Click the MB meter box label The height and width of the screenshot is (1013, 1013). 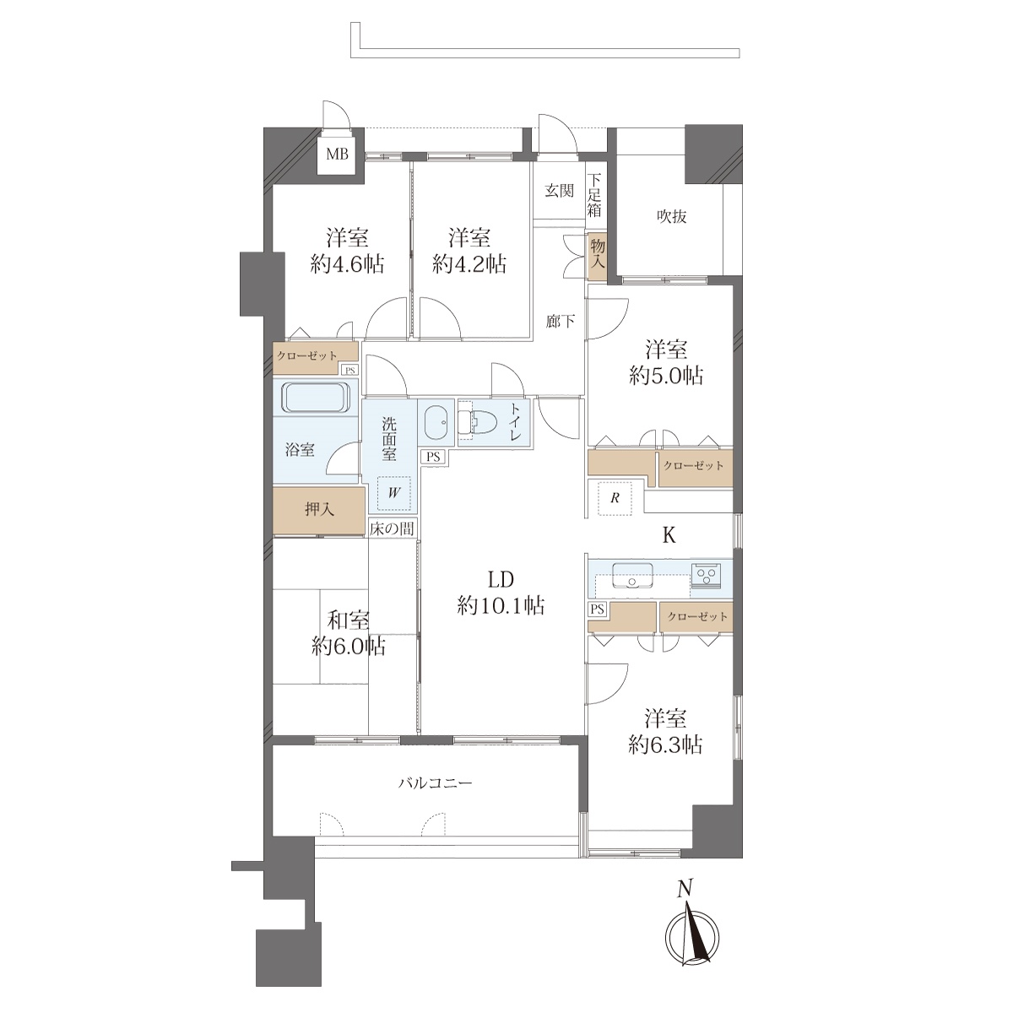tap(337, 154)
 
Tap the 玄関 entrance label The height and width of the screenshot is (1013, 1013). tap(559, 191)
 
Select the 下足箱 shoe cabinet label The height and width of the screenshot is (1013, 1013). tap(594, 195)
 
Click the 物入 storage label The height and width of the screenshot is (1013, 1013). tap(597, 253)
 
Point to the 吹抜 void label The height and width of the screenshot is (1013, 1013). tap(671, 216)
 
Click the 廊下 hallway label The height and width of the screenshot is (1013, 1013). tap(560, 321)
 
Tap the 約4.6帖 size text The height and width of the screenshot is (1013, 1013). tap(346, 263)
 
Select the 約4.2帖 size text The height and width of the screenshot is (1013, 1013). tap(469, 263)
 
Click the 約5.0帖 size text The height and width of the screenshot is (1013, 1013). tap(666, 376)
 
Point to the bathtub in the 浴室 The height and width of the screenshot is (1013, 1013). tap(316, 398)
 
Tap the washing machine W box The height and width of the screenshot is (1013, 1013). tap(394, 492)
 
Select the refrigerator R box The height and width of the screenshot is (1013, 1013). tap(615, 497)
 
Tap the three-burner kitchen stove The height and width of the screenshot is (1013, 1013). tap(706, 575)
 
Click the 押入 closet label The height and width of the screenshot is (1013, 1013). tap(319, 509)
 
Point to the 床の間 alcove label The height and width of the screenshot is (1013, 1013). tap(392, 528)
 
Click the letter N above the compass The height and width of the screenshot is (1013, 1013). tap(684, 888)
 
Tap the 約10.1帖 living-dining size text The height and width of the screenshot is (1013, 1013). tap(501, 606)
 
